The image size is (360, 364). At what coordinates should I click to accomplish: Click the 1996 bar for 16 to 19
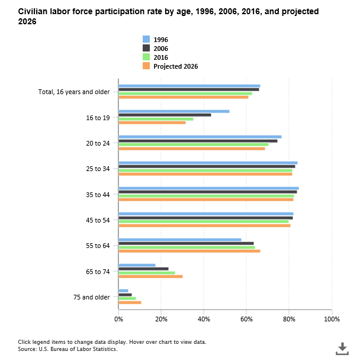coord(174,111)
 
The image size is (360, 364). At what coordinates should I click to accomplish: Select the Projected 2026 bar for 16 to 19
coord(152,123)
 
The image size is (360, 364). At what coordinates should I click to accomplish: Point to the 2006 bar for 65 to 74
coord(143,269)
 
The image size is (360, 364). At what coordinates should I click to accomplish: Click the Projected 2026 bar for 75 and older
coord(130,302)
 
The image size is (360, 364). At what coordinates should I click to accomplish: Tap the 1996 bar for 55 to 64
coord(180,240)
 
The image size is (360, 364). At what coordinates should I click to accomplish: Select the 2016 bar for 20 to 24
coord(193,144)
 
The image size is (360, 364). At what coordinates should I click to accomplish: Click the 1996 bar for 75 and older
coord(123,291)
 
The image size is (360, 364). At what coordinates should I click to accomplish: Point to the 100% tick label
coord(332,319)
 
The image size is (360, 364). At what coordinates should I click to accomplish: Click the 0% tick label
coord(118,319)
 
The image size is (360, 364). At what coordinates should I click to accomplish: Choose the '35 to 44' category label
coord(98,194)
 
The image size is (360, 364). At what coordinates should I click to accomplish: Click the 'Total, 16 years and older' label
coord(74,92)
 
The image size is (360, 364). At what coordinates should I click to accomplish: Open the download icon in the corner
coord(342,349)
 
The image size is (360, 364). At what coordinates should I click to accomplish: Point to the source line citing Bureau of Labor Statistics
coord(67,349)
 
